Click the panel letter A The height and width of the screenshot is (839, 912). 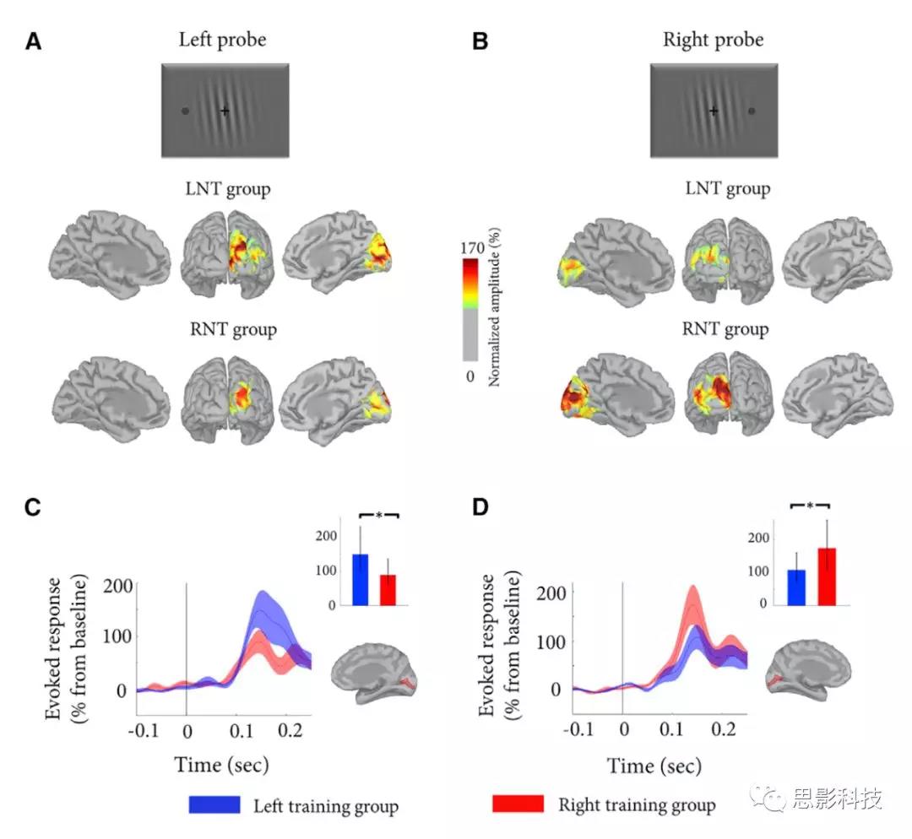[34, 41]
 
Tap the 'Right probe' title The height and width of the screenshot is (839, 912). [713, 40]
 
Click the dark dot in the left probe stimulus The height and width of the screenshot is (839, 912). [186, 111]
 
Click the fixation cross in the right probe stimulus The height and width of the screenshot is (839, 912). [714, 111]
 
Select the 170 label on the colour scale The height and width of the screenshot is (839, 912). [471, 249]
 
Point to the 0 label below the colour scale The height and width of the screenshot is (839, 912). [470, 376]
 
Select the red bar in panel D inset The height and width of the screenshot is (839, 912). [828, 576]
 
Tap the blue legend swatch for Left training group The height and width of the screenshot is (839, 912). [215, 804]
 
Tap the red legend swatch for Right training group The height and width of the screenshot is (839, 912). [518, 804]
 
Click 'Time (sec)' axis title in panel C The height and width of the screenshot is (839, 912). [221, 765]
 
